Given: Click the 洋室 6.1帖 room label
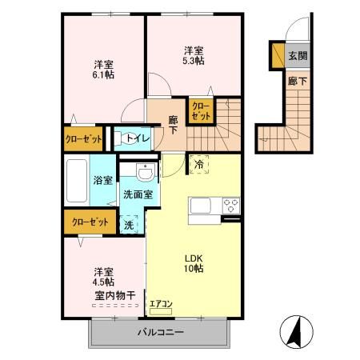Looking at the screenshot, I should (x=101, y=70).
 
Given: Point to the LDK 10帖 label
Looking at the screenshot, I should (x=195, y=263).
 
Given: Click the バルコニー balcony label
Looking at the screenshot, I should (x=160, y=331).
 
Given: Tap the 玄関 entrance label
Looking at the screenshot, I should (x=298, y=56).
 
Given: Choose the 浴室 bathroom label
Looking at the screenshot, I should (x=101, y=182).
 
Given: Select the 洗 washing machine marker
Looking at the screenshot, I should (x=129, y=225).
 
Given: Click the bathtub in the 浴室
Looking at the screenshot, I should (x=78, y=182).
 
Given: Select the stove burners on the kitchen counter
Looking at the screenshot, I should (x=230, y=203).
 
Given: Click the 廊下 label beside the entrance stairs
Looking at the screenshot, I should (x=298, y=80).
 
